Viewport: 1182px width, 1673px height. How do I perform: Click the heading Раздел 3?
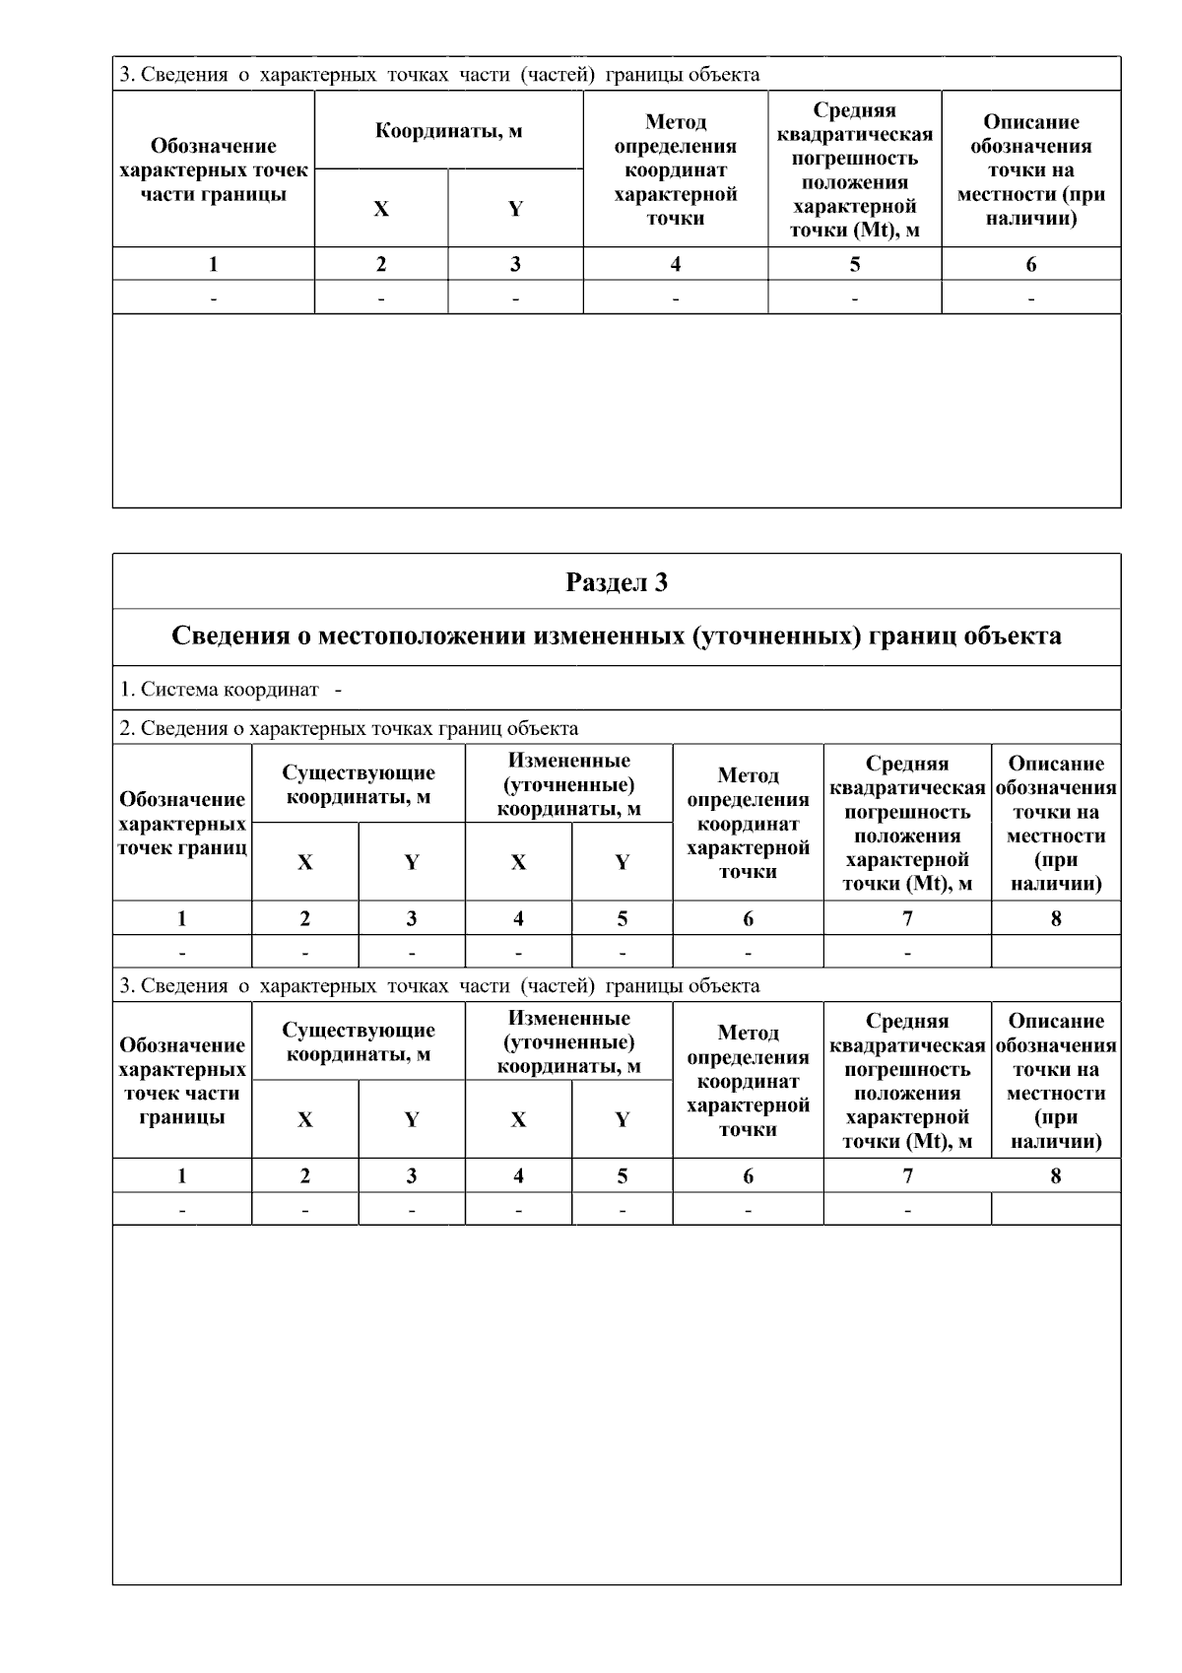[617, 582]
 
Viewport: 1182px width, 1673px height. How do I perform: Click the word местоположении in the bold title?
[421, 636]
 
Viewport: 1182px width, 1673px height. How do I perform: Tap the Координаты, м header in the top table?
[448, 131]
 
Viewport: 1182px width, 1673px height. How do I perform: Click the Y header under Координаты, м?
[515, 209]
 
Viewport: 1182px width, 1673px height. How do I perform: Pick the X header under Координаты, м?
[381, 209]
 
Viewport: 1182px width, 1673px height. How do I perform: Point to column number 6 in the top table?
[1030, 264]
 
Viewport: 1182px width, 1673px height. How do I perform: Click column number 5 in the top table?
[854, 264]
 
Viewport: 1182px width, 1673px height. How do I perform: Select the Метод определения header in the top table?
[675, 169]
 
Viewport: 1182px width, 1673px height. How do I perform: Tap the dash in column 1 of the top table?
[213, 298]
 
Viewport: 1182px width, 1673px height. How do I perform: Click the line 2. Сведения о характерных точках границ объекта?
[349, 728]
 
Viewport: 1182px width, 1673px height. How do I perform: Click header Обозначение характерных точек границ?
[182, 823]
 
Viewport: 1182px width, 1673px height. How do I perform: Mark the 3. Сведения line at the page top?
[439, 75]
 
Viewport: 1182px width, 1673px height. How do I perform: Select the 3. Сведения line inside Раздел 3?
[439, 986]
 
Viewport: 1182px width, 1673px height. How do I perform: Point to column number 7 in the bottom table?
[906, 1175]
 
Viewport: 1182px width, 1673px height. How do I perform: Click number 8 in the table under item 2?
[1055, 918]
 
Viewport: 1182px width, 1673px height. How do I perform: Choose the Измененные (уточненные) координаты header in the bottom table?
[568, 1042]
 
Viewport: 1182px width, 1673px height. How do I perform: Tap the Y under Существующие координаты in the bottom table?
[411, 1119]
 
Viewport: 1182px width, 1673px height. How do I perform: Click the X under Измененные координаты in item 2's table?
[518, 862]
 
